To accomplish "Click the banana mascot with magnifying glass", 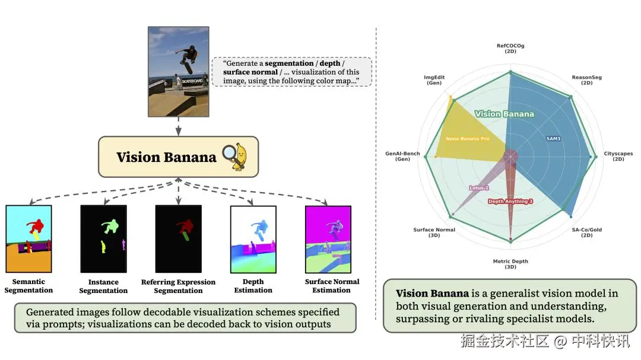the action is [x=235, y=157].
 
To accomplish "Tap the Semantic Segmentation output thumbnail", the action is [x=28, y=239].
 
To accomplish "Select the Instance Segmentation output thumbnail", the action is [x=103, y=239].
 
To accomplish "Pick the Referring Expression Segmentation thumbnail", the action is [x=178, y=239].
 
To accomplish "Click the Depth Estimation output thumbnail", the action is [x=253, y=240].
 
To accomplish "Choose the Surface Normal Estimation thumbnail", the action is [x=328, y=240].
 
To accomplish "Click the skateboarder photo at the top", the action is [x=178, y=72].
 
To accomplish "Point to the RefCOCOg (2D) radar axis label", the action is [x=510, y=48].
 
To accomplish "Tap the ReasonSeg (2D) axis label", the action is [x=586, y=79].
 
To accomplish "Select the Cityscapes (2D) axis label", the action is [x=618, y=156].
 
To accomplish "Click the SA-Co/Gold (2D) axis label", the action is [x=586, y=232].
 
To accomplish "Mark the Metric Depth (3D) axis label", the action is [x=510, y=263].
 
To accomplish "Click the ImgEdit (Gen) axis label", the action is [x=434, y=79].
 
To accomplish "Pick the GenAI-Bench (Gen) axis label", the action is [x=402, y=156].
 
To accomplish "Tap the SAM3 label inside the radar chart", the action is [x=553, y=139].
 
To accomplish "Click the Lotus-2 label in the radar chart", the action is [x=479, y=187].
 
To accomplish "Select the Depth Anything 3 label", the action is [x=510, y=201].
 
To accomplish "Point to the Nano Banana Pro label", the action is [x=467, y=139].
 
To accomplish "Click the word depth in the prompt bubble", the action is [x=330, y=63].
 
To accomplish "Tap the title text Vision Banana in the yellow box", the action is [x=166, y=157].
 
